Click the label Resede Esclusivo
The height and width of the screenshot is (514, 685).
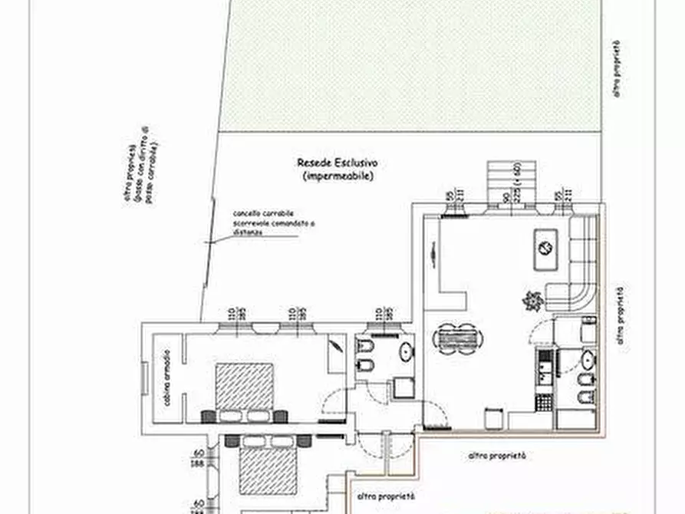(338, 163)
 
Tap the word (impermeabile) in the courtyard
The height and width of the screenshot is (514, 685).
(338, 176)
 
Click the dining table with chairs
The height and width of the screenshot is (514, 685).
(455, 338)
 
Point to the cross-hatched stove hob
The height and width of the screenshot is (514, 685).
(544, 401)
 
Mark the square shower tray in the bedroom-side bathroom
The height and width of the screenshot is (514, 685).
(403, 387)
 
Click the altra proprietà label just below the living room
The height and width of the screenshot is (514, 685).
(497, 456)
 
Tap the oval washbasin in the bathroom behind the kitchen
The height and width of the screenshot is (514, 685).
(586, 359)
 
